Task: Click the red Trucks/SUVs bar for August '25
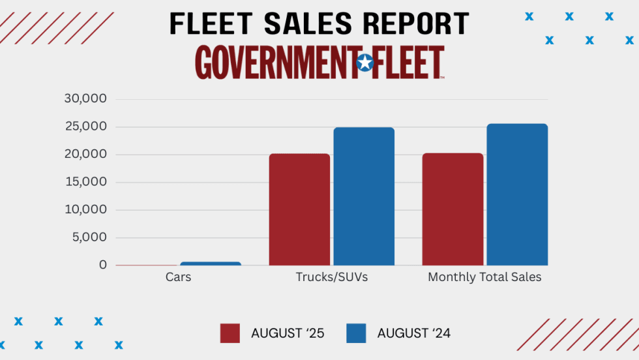[299, 209]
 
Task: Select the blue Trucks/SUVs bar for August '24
[364, 196]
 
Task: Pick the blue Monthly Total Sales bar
[517, 194]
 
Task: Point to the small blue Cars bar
[211, 263]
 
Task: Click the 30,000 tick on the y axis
[85, 99]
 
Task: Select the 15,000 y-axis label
[85, 182]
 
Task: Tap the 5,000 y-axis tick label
[89, 237]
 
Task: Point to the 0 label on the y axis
[103, 265]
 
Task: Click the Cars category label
[178, 277]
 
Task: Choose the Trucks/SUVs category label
[332, 277]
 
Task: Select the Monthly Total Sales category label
[484, 277]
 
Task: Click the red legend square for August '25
[230, 333]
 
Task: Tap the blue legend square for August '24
[356, 333]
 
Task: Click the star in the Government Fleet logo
[365, 63]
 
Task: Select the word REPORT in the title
[416, 24]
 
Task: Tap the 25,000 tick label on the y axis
[85, 127]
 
